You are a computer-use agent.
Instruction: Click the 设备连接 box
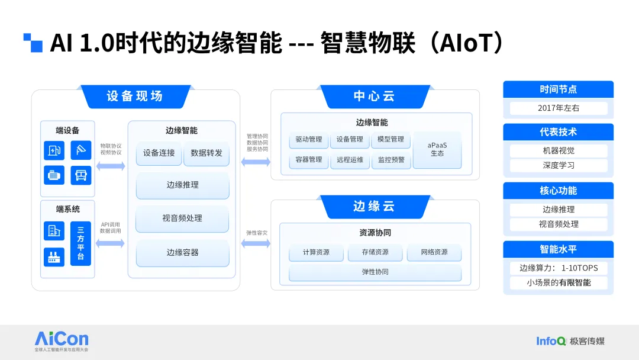tap(159, 153)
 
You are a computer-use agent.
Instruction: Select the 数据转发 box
tap(206, 153)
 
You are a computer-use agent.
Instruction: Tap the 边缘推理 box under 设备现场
tap(183, 185)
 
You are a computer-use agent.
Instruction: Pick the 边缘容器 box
tap(183, 253)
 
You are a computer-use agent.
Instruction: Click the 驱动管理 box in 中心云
tap(309, 139)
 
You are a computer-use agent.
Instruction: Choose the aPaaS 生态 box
tap(437, 150)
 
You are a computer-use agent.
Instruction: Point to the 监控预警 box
tap(391, 160)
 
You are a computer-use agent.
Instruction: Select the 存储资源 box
tap(375, 252)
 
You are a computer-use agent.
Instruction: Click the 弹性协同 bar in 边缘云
tap(375, 272)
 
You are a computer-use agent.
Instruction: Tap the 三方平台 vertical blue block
tap(80, 243)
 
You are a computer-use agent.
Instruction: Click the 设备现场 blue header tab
tap(135, 97)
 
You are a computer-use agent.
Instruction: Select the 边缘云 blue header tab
tap(375, 207)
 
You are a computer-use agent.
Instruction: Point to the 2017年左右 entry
tap(559, 108)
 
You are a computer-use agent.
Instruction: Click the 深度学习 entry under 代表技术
tap(559, 166)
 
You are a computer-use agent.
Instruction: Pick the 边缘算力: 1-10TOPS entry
tap(559, 268)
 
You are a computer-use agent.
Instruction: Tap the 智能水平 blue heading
tap(559, 249)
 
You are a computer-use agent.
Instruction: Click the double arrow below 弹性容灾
tap(256, 244)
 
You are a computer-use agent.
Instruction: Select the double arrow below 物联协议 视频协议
tap(111, 166)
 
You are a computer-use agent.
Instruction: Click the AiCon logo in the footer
tap(62, 341)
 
